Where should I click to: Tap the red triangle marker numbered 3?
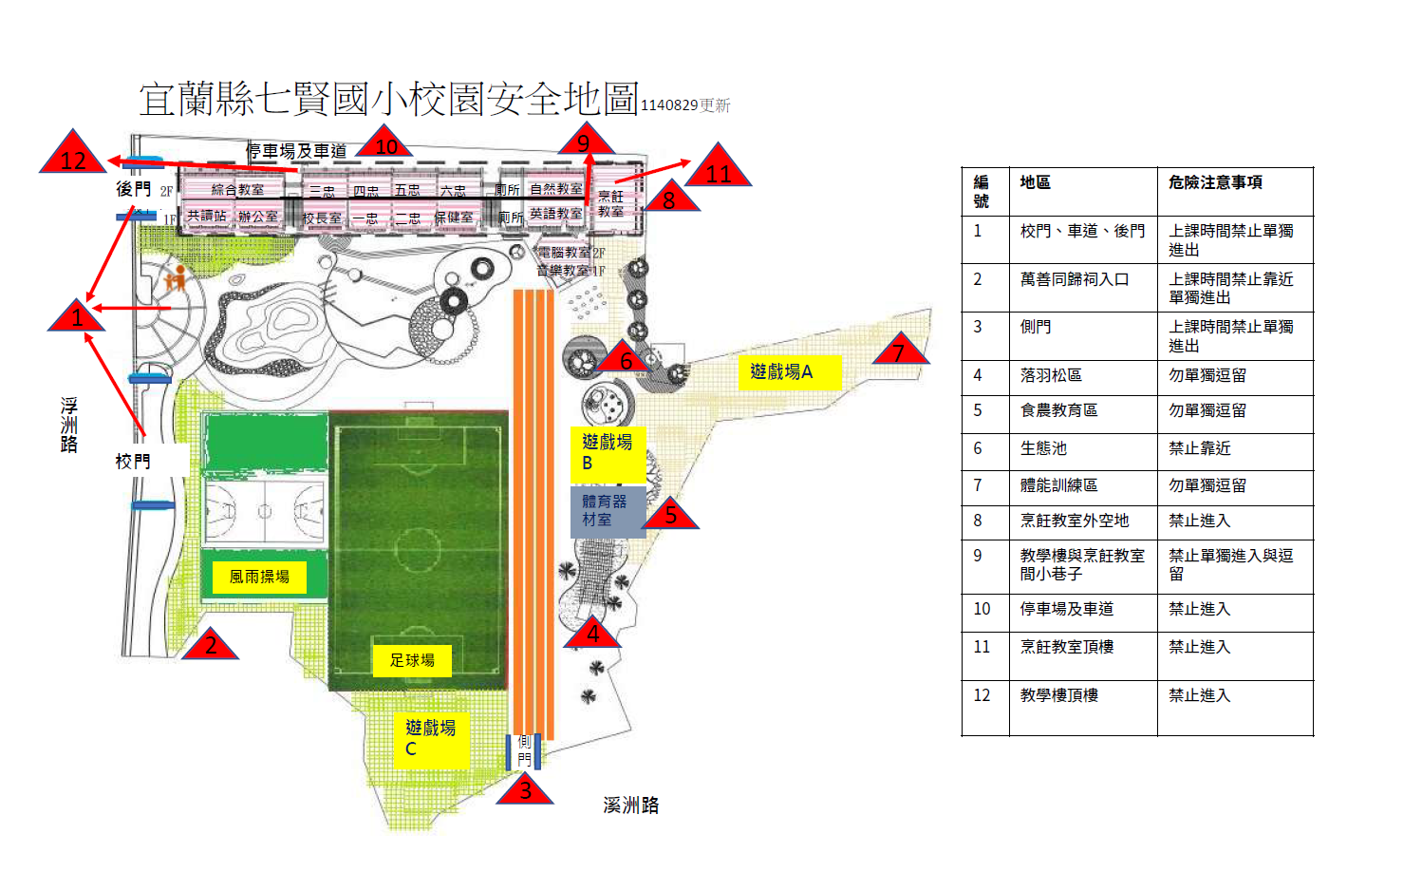[525, 789]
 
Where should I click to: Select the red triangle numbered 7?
[899, 351]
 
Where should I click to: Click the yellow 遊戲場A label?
[789, 371]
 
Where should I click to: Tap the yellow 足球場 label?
[412, 660]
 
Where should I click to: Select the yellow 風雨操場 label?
[259, 577]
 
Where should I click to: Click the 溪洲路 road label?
[630, 806]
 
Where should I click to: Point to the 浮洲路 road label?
[69, 425]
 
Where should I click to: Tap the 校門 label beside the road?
[133, 462]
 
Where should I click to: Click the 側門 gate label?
[524, 750]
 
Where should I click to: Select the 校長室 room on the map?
[322, 218]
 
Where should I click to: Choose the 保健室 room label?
[454, 218]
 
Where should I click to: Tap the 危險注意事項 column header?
[1215, 182]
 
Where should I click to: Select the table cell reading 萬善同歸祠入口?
[1075, 279]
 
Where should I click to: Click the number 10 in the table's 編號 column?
[982, 609]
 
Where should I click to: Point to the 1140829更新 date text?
[685, 105]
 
